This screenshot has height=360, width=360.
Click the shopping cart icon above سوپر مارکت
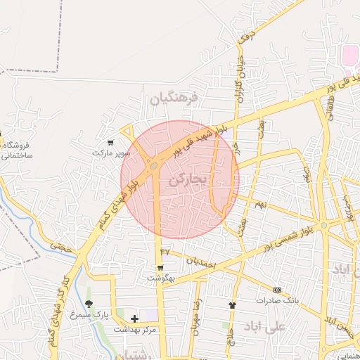[110, 143]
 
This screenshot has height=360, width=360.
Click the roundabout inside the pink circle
[153, 166]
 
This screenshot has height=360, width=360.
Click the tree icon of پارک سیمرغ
[89, 304]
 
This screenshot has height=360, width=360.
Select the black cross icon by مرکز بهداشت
[134, 319]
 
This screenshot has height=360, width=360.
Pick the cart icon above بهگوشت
[161, 268]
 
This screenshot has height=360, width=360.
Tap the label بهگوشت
[161, 278]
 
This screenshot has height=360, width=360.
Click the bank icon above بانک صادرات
[277, 290]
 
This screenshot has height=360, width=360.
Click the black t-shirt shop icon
[232, 305]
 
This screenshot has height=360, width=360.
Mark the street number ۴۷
[165, 251]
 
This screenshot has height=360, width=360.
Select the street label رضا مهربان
[196, 309]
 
